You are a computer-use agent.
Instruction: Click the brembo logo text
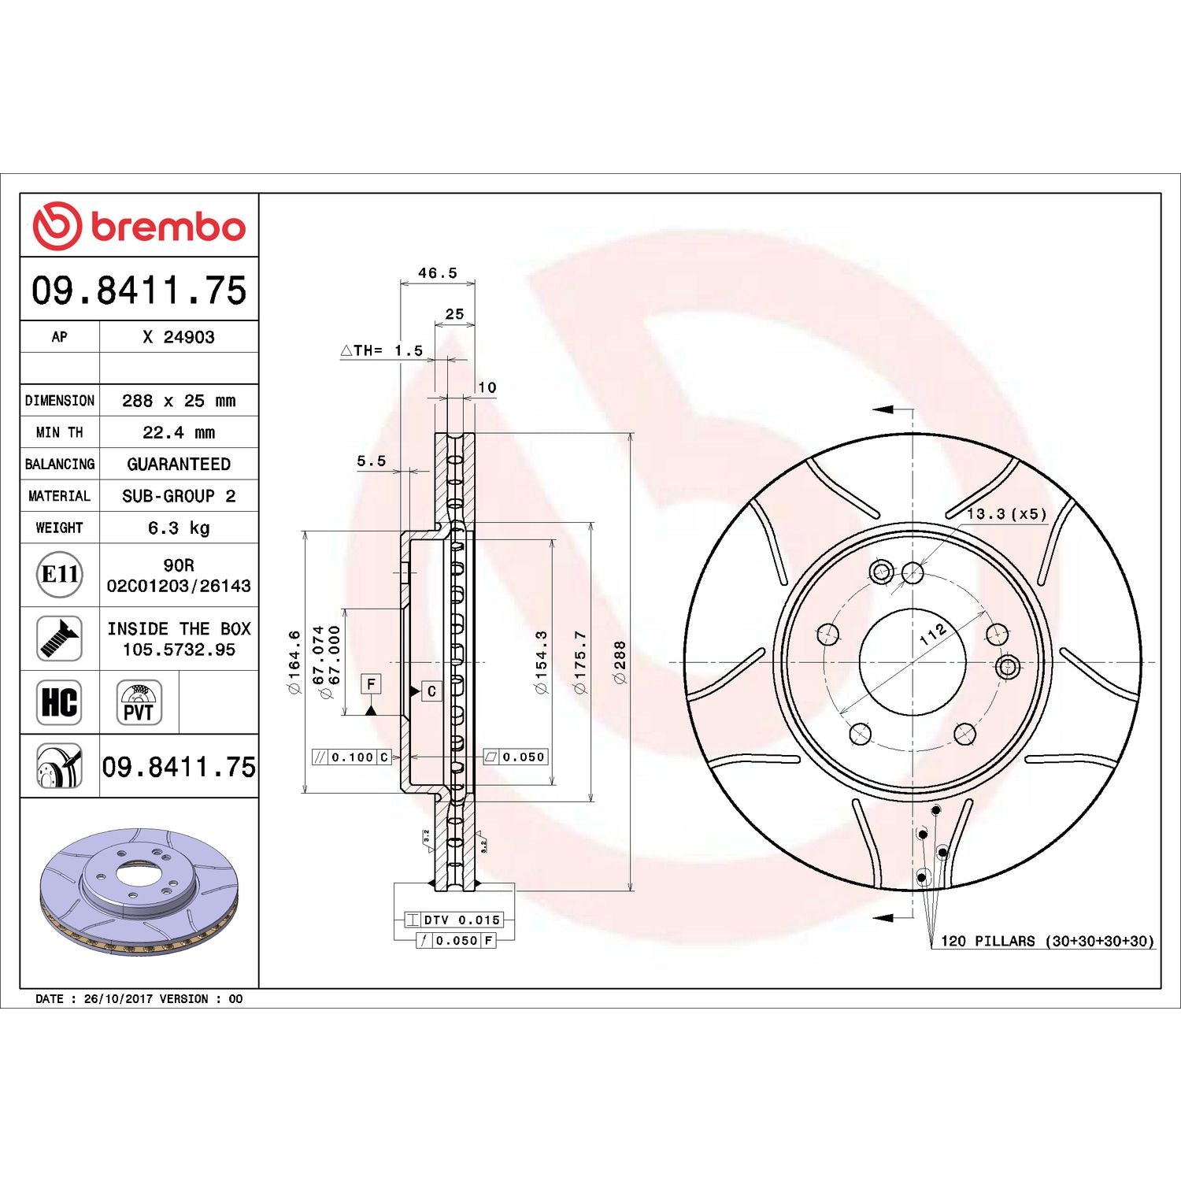(x=168, y=227)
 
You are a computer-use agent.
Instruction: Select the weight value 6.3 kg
(x=179, y=528)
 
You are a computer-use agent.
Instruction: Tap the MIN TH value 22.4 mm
(x=179, y=432)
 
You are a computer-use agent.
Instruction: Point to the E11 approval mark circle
(x=60, y=574)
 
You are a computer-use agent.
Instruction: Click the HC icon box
(x=59, y=702)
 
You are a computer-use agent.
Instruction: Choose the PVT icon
(x=139, y=702)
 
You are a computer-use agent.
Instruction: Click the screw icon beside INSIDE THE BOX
(x=59, y=639)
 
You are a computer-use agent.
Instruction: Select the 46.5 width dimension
(x=437, y=273)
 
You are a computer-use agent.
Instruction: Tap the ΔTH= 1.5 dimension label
(x=382, y=350)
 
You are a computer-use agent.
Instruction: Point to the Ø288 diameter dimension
(x=620, y=661)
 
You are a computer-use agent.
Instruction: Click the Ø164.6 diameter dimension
(x=294, y=661)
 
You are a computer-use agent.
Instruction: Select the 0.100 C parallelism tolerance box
(x=352, y=757)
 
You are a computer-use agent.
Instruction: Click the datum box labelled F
(x=371, y=683)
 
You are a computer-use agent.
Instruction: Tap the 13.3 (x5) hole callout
(x=1006, y=514)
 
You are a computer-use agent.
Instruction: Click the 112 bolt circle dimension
(x=933, y=634)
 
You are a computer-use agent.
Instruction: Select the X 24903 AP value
(x=179, y=337)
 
